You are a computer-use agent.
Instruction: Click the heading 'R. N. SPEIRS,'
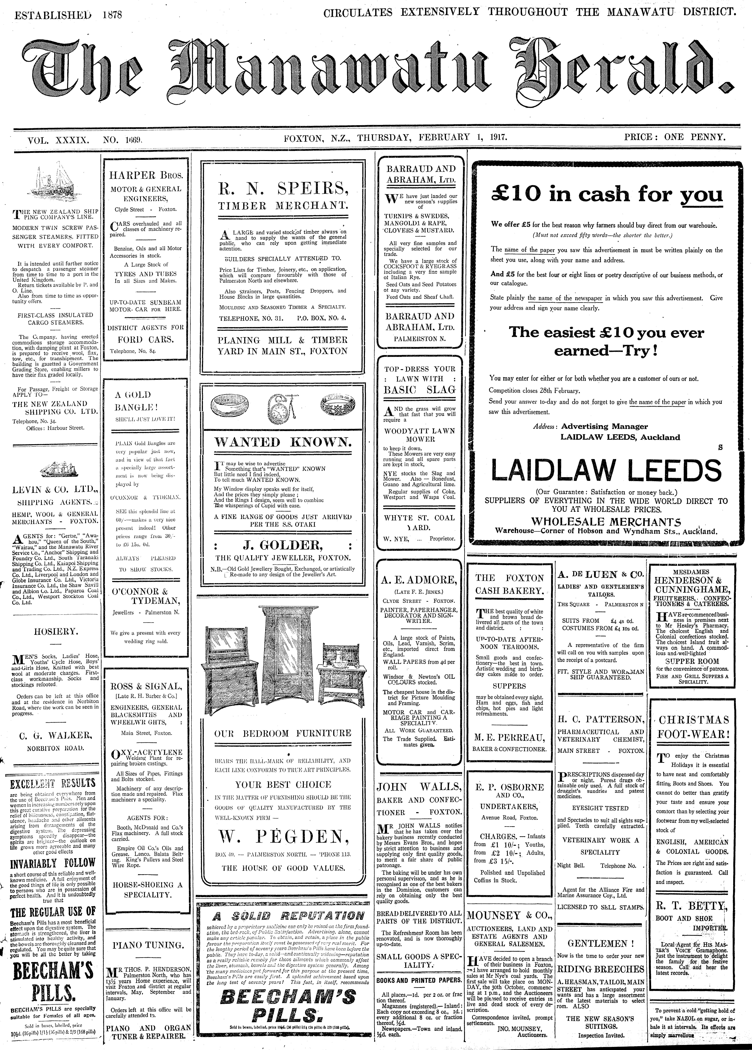pyautogui.click(x=283, y=188)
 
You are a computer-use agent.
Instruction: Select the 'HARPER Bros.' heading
pyautogui.click(x=146, y=175)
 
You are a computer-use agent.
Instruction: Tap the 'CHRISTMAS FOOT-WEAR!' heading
pyautogui.click(x=694, y=727)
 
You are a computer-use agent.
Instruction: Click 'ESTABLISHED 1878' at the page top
pyautogui.click(x=69, y=15)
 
